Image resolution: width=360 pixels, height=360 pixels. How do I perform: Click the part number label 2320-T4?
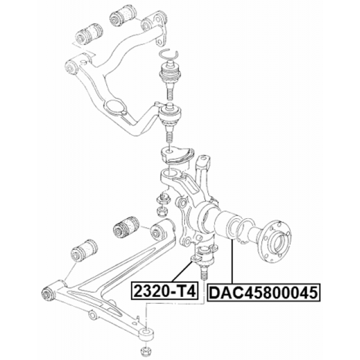tap(165, 291)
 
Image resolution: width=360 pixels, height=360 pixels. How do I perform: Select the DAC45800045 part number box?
tap(264, 292)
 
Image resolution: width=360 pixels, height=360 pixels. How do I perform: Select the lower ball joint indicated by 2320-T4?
tap(204, 262)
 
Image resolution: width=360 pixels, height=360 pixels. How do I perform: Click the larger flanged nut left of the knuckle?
tap(163, 199)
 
